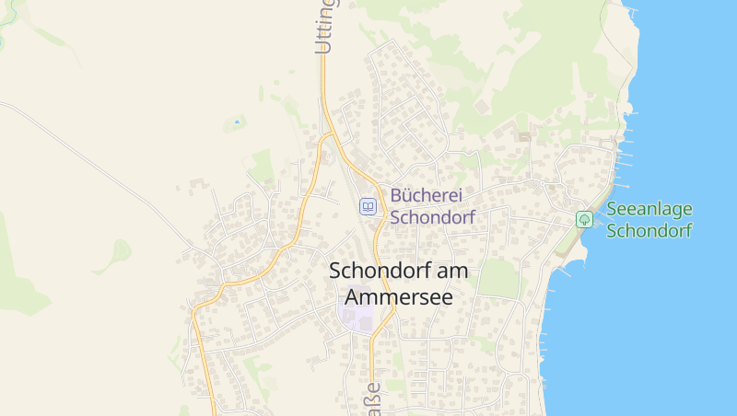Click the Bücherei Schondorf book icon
(x=368, y=207)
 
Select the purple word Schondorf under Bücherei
(x=432, y=218)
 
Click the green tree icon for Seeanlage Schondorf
(x=583, y=219)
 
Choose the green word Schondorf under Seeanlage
(x=649, y=230)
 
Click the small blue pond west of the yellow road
(x=237, y=121)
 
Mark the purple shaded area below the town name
(x=357, y=317)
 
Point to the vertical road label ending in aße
(x=373, y=399)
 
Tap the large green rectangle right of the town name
(x=498, y=277)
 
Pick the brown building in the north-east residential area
(x=524, y=136)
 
